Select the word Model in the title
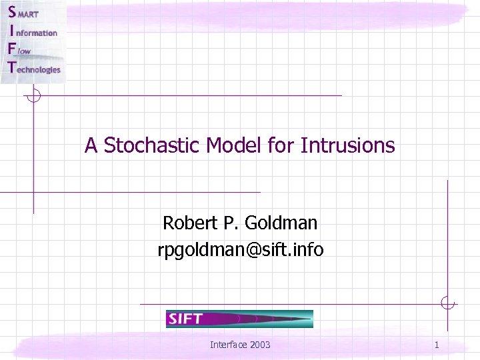tap(231, 145)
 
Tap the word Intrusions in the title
tap(347, 145)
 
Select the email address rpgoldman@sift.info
tap(240, 249)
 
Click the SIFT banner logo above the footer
tap(239, 319)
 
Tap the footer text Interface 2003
tap(240, 345)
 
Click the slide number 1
tap(436, 345)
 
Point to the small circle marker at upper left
tap(33, 96)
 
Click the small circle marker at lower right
tap(447, 304)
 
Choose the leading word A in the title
tap(91, 145)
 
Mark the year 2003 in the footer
tap(259, 345)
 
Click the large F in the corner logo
tap(11, 49)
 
